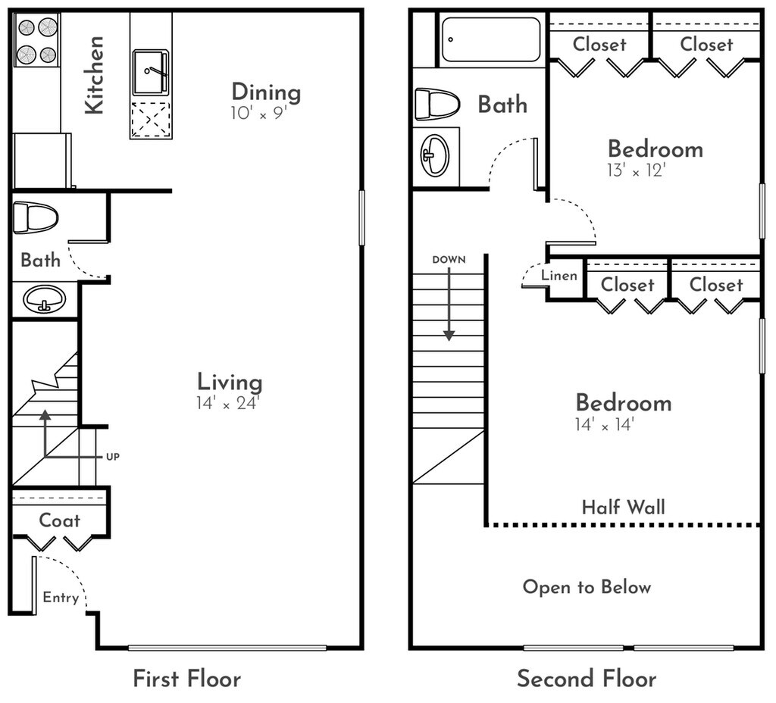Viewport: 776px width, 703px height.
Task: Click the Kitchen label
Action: pos(93,75)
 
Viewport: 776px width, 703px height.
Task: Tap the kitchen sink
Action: pos(151,72)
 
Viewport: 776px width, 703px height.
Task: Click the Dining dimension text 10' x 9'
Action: pos(258,114)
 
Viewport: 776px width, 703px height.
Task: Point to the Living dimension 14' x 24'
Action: pos(227,403)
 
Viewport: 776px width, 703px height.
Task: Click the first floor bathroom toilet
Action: pos(36,217)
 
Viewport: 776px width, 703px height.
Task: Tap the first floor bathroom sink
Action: pos(45,298)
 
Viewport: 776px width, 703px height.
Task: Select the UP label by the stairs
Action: pos(113,457)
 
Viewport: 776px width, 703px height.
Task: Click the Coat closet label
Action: pos(59,520)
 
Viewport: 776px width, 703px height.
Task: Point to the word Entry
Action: pos(61,598)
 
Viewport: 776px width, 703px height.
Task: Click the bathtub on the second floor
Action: pos(490,39)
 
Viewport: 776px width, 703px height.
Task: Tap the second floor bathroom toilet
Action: pos(437,105)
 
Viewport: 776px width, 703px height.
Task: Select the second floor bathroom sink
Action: pos(435,155)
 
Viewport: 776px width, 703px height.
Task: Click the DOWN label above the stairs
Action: pos(449,260)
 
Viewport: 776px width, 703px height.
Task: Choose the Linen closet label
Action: pos(559,275)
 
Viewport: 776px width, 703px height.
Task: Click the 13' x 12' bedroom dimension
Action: pos(637,170)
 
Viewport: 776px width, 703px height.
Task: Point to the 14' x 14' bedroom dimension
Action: pos(605,424)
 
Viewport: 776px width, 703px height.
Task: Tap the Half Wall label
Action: pos(624,507)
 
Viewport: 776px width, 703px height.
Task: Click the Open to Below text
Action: pos(587,587)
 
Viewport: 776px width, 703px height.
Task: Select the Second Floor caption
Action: pos(587,678)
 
